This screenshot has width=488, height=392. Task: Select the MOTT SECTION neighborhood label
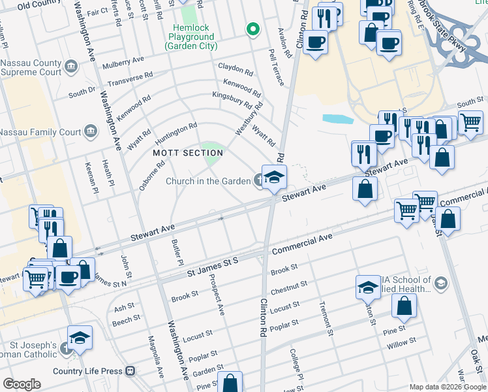[188, 153]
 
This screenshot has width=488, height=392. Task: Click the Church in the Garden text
[208, 181]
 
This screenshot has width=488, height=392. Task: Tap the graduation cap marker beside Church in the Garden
[274, 177]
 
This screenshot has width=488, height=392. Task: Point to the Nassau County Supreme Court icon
[71, 66]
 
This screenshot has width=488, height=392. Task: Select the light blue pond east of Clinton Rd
[337, 119]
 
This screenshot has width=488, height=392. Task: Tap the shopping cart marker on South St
[470, 122]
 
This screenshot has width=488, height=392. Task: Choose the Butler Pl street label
[177, 252]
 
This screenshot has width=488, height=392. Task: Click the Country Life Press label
[94, 371]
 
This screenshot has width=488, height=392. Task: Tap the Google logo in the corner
[22, 384]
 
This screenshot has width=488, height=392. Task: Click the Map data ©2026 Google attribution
[446, 387]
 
